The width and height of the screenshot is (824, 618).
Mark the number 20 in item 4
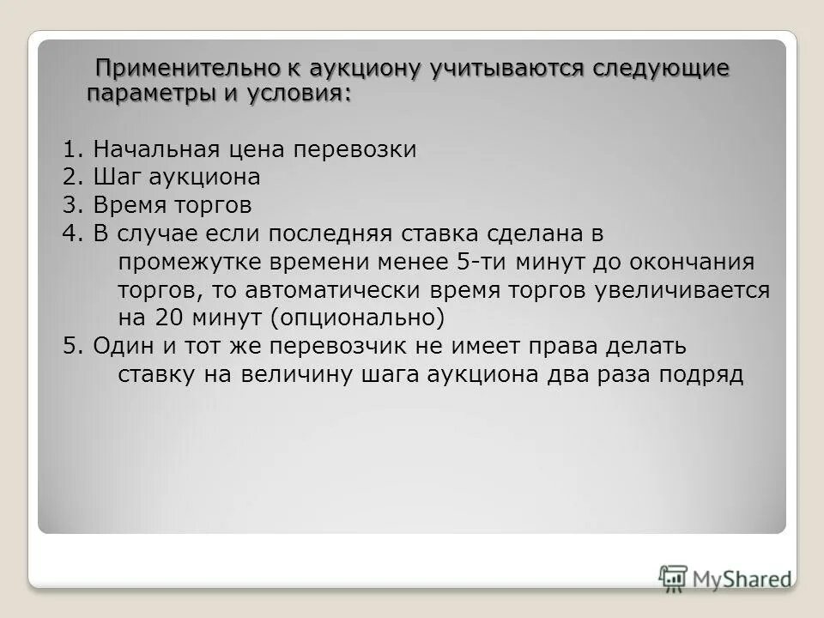click(x=167, y=318)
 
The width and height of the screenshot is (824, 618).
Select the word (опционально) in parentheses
click(x=358, y=318)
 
